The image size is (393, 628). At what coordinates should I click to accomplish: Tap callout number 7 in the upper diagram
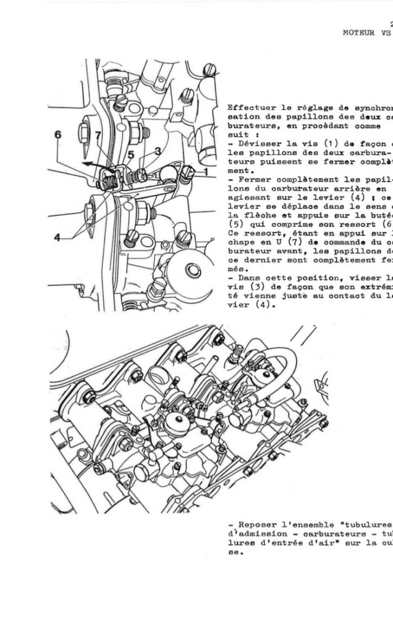98,136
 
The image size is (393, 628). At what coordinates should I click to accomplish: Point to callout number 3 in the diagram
158,151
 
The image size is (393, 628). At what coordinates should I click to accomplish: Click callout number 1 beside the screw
206,172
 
